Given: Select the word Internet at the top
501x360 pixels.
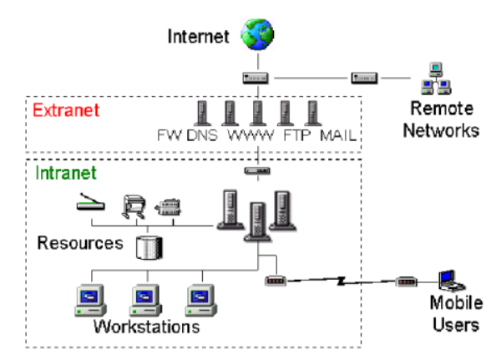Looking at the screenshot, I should (x=200, y=36).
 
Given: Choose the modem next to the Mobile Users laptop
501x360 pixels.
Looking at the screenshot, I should (x=407, y=281).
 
